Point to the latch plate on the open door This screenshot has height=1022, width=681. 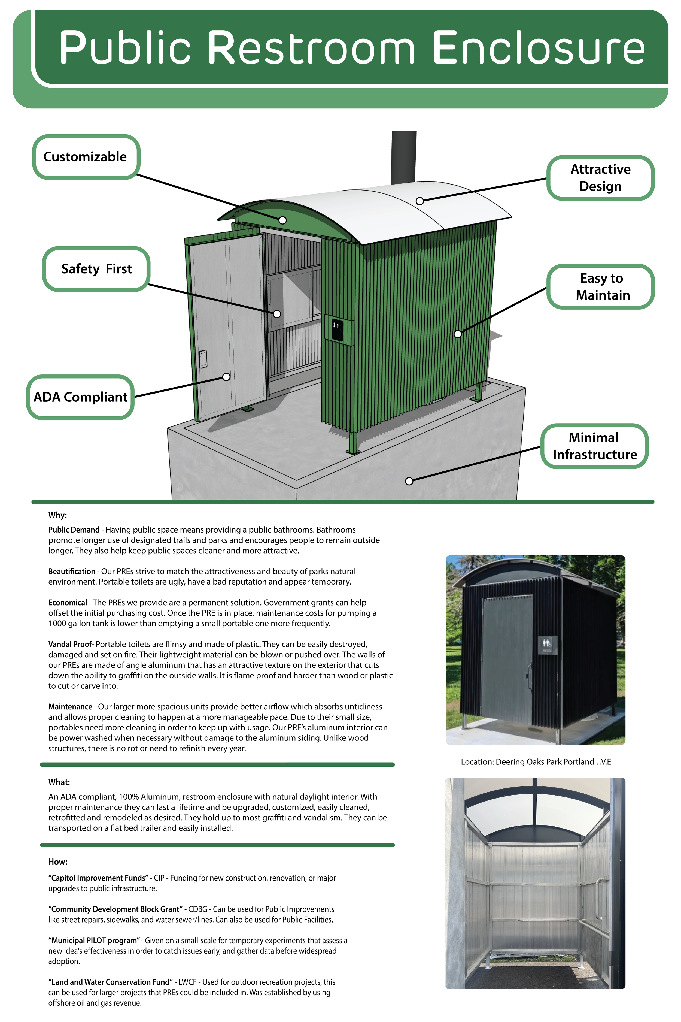(x=203, y=359)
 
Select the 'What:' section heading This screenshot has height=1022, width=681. (x=59, y=782)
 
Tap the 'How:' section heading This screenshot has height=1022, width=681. (x=58, y=862)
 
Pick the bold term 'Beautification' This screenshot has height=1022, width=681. (x=72, y=572)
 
